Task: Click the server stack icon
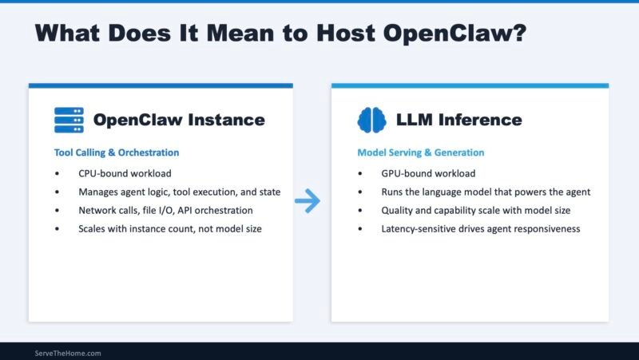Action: pyautogui.click(x=69, y=120)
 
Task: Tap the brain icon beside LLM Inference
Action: pyautogui.click(x=371, y=120)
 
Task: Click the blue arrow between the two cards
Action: pyautogui.click(x=307, y=202)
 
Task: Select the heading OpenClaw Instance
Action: pyautogui.click(x=178, y=121)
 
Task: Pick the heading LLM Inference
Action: pyautogui.click(x=458, y=121)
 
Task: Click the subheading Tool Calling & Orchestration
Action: pyautogui.click(x=117, y=152)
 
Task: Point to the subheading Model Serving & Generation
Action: pyautogui.click(x=420, y=152)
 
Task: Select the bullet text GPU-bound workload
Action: pyautogui.click(x=428, y=173)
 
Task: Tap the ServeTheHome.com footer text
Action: pyautogui.click(x=68, y=353)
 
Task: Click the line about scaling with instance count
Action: pyautogui.click(x=169, y=228)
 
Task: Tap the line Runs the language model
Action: pyautogui.click(x=485, y=192)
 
